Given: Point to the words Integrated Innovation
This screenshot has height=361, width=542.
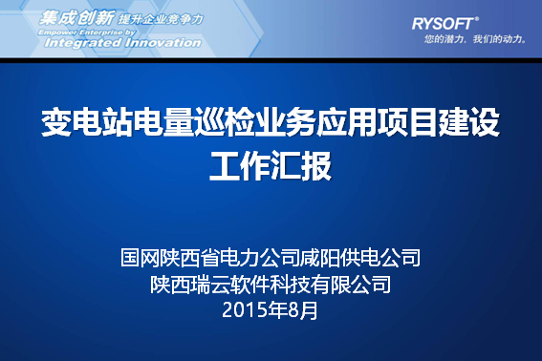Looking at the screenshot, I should (x=123, y=42).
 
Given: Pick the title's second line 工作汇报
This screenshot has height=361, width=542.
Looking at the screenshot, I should (x=271, y=165).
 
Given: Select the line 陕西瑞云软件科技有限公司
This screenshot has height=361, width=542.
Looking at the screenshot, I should (x=271, y=284).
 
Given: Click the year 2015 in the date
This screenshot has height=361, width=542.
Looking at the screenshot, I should (x=245, y=309).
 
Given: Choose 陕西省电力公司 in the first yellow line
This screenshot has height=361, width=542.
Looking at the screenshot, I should (x=230, y=258).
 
